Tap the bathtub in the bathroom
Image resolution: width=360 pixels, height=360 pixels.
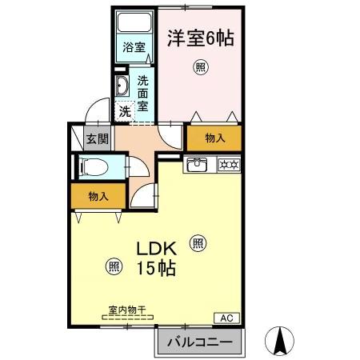click(134, 24)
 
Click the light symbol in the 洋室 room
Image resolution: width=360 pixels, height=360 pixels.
click(199, 68)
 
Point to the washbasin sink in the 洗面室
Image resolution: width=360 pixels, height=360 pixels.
click(123, 86)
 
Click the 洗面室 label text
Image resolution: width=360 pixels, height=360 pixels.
click(142, 93)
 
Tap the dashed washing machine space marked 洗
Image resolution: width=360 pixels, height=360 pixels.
click(126, 112)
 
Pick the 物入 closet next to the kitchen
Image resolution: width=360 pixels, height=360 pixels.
click(214, 138)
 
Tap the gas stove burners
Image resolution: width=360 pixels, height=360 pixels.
click(226, 166)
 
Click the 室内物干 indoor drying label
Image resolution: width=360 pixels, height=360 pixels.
click(126, 309)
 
